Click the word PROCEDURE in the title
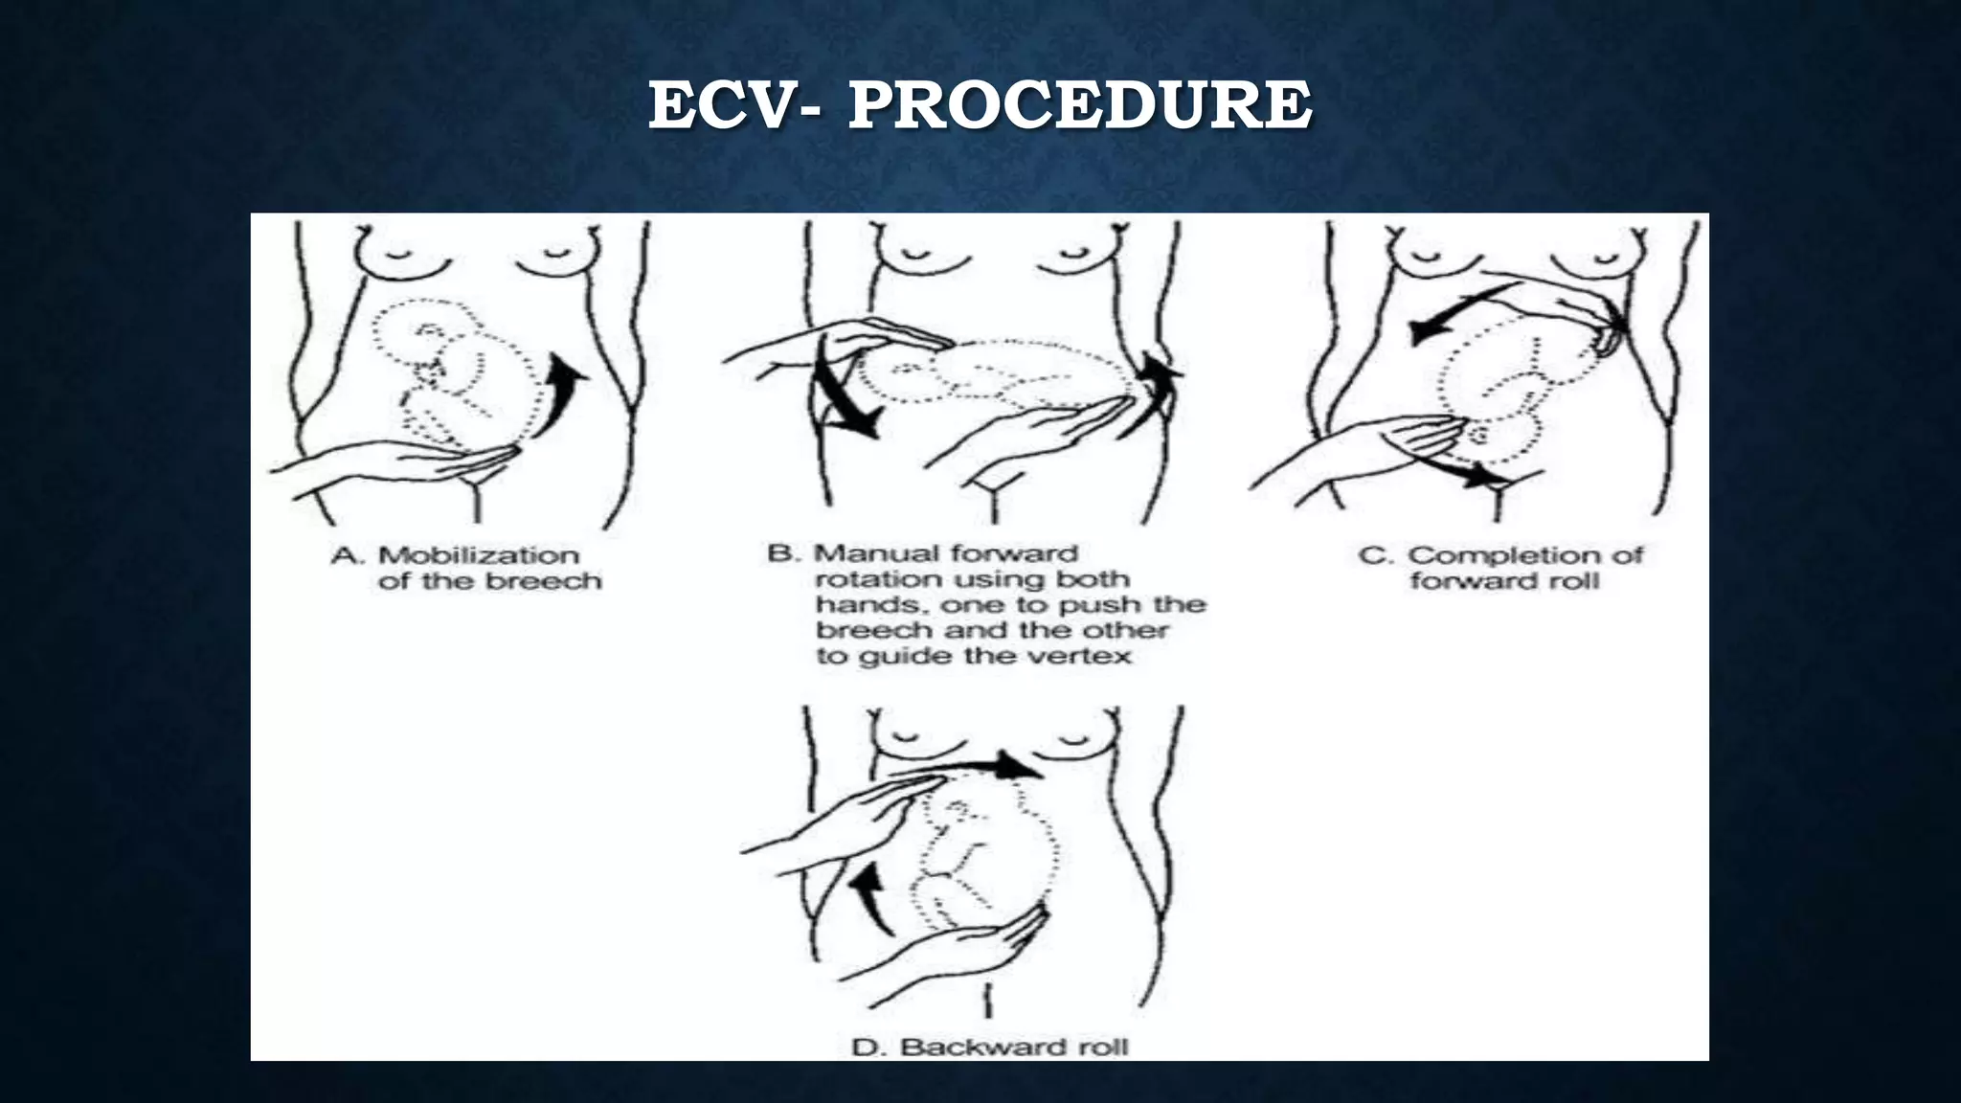1079,105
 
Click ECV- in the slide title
733,105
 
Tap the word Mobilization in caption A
479,555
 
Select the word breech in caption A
543,581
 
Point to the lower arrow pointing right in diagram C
1465,469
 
